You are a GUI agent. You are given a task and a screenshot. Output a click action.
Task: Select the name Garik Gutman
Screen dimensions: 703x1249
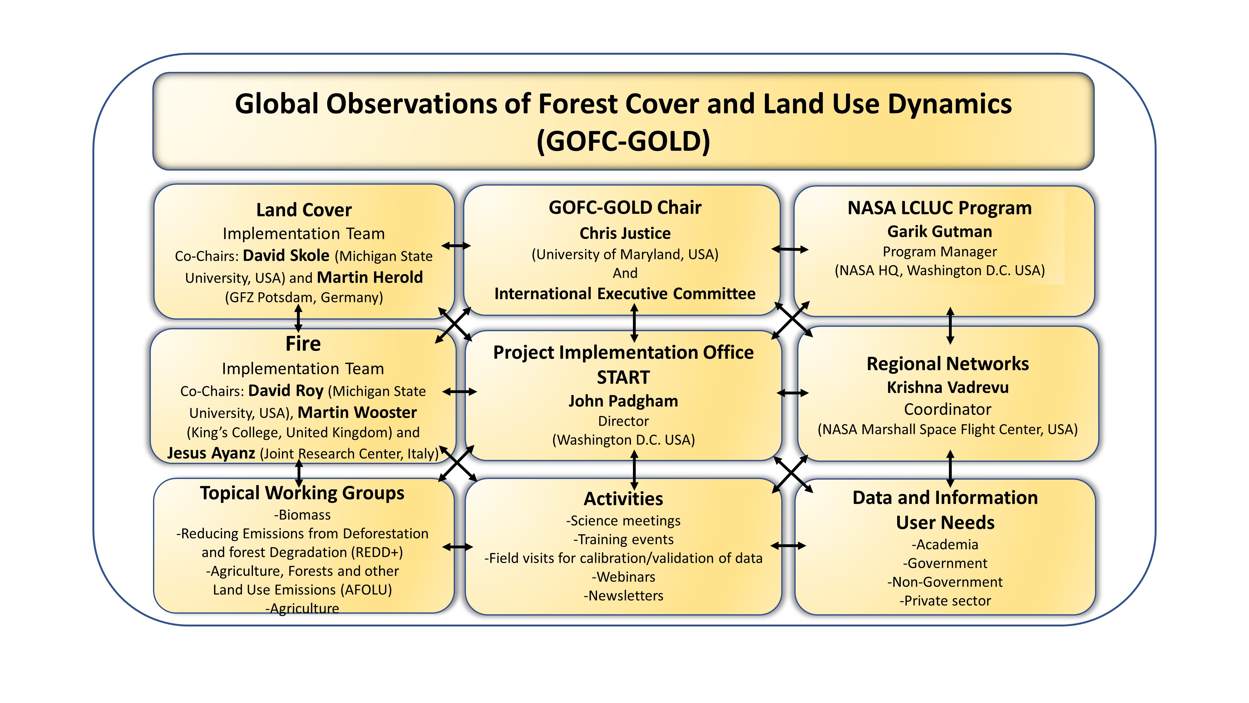939,232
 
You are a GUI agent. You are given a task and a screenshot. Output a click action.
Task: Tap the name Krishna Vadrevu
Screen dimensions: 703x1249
947,387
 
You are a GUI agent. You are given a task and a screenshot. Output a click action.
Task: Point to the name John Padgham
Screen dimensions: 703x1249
623,401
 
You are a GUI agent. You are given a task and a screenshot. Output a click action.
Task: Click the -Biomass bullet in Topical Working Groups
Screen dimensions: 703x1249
303,515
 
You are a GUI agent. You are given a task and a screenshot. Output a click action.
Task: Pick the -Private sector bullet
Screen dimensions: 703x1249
945,601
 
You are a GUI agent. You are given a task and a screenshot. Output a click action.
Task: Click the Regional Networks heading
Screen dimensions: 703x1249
947,363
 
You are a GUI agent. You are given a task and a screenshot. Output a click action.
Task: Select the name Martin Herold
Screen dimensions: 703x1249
370,277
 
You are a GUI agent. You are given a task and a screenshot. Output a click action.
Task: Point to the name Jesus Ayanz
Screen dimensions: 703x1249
211,453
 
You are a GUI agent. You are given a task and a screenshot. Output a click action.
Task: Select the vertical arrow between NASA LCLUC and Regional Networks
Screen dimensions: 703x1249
950,326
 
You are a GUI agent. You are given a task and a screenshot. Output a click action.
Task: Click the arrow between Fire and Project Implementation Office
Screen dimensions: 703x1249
460,391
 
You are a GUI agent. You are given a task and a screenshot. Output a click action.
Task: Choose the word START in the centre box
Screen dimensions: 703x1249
623,377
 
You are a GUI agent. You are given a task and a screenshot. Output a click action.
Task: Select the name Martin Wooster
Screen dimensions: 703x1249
357,412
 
